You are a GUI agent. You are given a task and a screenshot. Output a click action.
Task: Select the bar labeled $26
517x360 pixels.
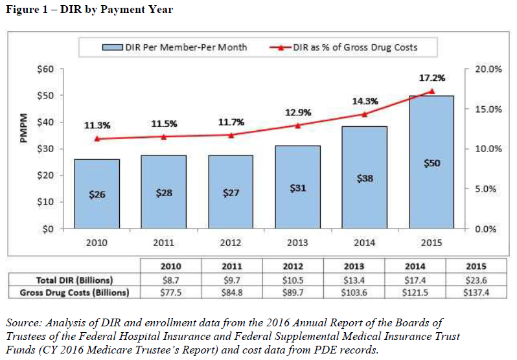[x=97, y=194]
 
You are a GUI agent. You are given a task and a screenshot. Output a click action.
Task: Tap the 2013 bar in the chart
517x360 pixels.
[x=297, y=187]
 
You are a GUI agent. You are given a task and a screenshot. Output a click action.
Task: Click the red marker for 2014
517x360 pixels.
[x=365, y=114]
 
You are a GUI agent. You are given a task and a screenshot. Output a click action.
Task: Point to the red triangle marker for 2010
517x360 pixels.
[x=97, y=139]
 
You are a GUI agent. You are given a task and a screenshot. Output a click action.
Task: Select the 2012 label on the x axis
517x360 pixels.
[x=231, y=243]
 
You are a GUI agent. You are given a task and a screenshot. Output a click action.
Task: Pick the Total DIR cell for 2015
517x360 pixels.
[x=475, y=280]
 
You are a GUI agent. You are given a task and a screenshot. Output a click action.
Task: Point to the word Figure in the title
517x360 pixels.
[x=21, y=10]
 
